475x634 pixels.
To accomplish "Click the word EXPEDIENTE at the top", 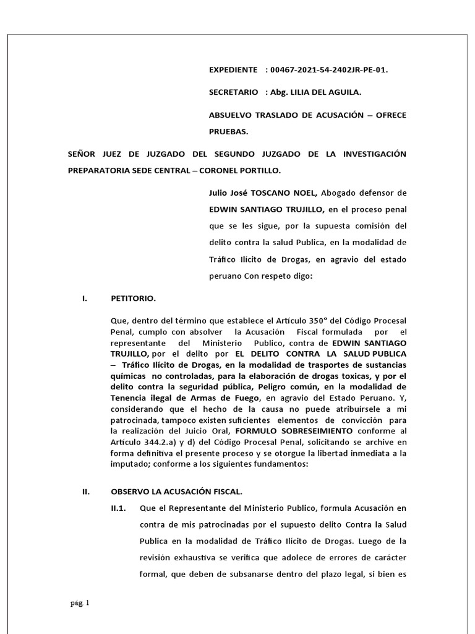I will point(233,70).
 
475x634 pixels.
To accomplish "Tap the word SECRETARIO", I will point(234,92).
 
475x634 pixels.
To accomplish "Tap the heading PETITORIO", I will point(134,298).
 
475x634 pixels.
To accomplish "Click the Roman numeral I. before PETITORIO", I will point(84,298).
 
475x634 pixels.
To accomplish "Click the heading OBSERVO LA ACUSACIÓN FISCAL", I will point(177,492).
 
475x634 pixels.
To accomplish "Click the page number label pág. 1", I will point(79,602).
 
